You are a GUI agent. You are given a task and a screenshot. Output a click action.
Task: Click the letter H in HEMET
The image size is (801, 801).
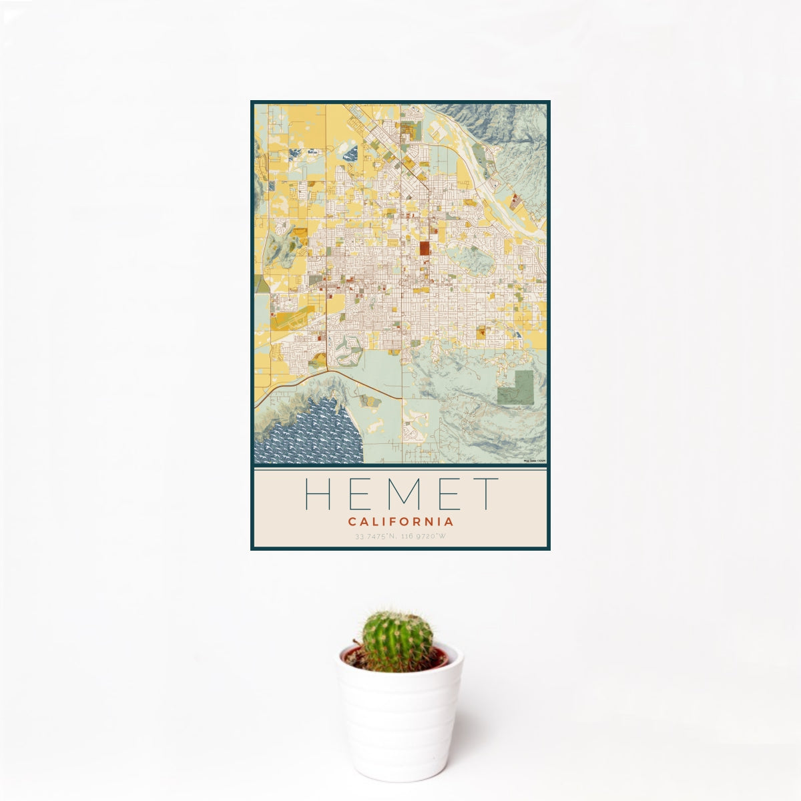[x=318, y=494]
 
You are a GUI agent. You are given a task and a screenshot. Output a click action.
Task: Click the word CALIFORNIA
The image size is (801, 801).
[x=400, y=522]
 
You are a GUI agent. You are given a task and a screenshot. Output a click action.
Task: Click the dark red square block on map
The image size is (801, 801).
[x=425, y=249]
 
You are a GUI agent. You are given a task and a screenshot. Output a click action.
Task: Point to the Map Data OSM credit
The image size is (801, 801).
[x=535, y=461]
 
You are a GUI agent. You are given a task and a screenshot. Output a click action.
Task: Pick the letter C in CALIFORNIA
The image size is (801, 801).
[x=352, y=522]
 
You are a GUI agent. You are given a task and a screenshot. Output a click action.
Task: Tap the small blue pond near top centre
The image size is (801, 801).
[x=350, y=154]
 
